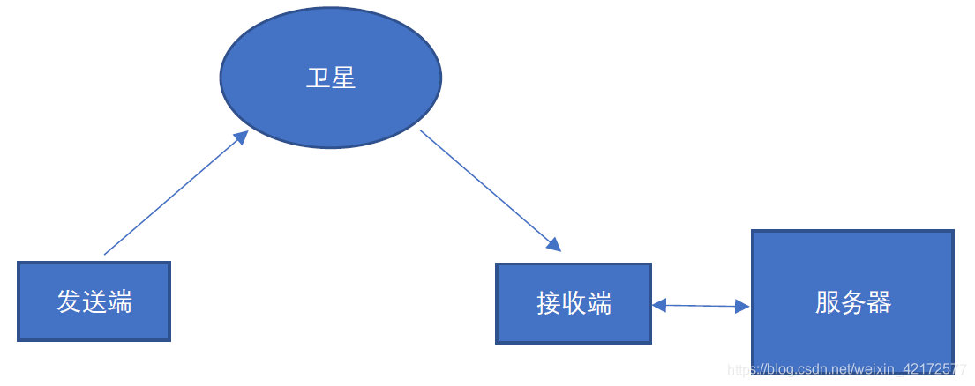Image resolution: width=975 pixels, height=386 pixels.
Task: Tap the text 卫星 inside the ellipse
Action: coord(331,78)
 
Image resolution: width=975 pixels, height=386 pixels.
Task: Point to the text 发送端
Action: coord(94,301)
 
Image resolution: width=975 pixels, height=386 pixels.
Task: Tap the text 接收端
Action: coord(574,303)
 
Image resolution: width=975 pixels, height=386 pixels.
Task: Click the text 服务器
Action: coord(853,302)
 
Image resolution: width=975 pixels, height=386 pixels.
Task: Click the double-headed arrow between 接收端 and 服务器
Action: coord(701,306)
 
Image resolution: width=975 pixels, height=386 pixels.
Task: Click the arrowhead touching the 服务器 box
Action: coord(742,307)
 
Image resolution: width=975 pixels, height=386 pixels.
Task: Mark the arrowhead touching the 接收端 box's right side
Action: coord(659,305)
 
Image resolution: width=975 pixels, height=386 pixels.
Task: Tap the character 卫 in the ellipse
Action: coord(318,78)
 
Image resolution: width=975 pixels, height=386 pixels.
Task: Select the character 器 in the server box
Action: coord(879,302)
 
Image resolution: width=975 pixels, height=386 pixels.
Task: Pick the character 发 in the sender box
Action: coord(70,301)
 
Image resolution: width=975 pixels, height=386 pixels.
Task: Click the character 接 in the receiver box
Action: coord(549,303)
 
